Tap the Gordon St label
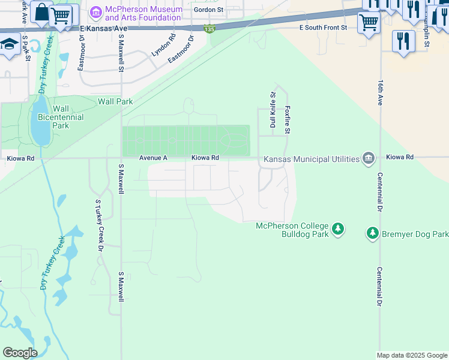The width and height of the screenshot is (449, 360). coord(208,10)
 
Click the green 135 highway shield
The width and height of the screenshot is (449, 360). coord(208,29)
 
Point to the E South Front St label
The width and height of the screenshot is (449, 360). coord(323,28)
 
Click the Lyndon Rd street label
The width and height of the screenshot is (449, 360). coord(163,45)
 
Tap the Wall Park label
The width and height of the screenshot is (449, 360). coord(115,102)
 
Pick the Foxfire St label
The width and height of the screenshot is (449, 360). coord(288,120)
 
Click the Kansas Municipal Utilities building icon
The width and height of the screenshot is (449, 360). coord(369,158)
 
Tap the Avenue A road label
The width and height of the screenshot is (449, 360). coord(153,158)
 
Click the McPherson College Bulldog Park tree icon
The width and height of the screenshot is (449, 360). coord(339,229)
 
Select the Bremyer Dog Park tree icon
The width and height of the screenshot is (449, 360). coord(373,233)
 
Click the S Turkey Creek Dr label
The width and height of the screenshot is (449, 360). coord(98,226)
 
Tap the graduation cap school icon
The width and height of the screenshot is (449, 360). coord(9,44)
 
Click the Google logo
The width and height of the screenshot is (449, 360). coord(20,352)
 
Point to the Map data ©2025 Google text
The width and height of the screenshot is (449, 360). coord(411,355)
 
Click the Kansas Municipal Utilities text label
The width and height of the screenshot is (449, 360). coord(309,159)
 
